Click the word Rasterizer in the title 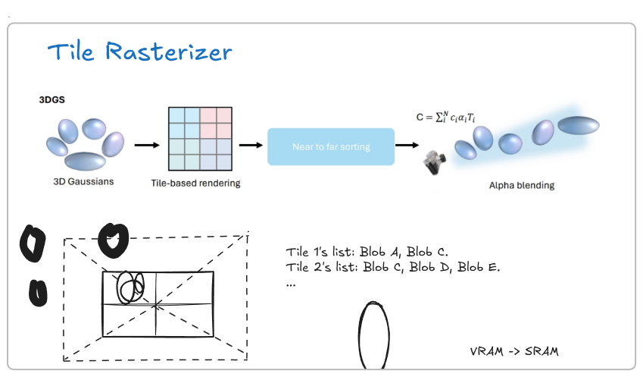[169, 52]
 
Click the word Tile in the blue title [70, 52]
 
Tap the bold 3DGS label [52, 100]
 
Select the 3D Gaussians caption [83, 181]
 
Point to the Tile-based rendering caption [195, 183]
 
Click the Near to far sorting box [331, 146]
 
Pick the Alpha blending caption [522, 185]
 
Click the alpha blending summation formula [446, 117]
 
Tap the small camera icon [434, 162]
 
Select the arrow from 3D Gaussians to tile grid [147, 145]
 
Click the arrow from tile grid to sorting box [251, 145]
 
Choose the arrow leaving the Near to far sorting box [407, 145]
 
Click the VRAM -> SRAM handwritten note [514, 351]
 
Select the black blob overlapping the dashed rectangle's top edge [113, 240]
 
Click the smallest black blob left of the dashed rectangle [38, 293]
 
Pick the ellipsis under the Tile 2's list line [291, 284]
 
